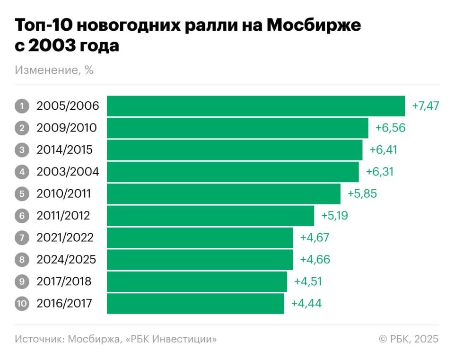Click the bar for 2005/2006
point(255,106)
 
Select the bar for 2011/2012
point(210,216)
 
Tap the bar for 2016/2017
point(195,303)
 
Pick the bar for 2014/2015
point(234,150)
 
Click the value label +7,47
point(426,106)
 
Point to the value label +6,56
point(391,128)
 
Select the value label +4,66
point(315,260)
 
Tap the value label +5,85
point(362,194)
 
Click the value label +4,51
point(309,281)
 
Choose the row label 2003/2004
point(68,172)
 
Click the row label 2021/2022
point(65,237)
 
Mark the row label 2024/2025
point(66,260)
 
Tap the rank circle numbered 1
point(22,106)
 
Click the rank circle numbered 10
point(22,303)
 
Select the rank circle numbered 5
point(22,194)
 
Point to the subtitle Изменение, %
point(54,70)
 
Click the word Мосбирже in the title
point(314,26)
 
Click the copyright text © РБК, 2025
point(409,339)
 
